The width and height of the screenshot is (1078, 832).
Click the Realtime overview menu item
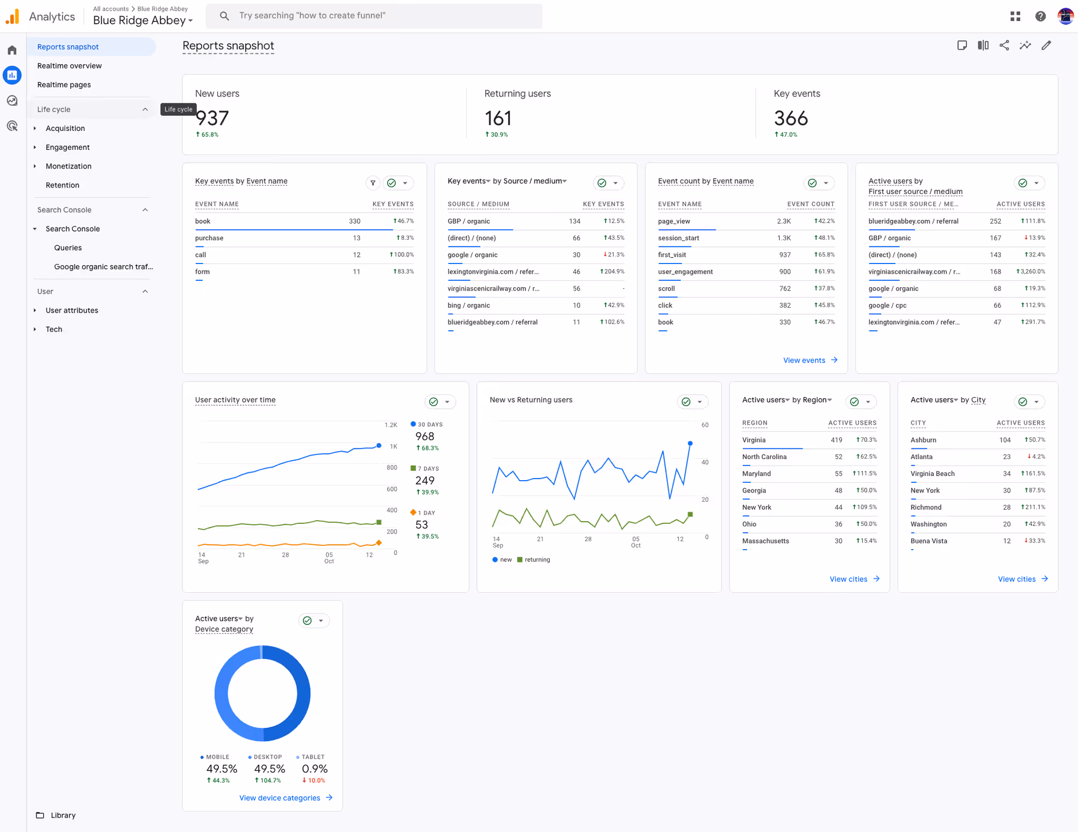[69, 66]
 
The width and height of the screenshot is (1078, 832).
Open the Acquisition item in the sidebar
[65, 128]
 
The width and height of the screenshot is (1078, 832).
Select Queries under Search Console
[68, 248]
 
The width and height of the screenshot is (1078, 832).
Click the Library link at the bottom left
[63, 815]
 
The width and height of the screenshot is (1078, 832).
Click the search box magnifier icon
[224, 16]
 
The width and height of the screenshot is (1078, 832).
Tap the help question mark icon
[1040, 16]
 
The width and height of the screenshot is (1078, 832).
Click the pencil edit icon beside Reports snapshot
[1046, 45]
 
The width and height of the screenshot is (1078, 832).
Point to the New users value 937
[212, 118]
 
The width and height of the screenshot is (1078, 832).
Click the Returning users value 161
[498, 118]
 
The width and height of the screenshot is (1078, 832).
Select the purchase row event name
[209, 238]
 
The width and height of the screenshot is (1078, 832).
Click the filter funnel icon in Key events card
[372, 183]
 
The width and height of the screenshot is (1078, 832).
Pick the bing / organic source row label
[468, 306]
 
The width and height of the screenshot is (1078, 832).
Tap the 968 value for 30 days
[425, 436]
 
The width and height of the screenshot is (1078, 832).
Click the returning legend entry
[537, 560]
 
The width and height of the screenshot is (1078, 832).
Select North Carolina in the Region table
[764, 457]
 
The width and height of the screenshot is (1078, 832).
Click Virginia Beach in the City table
[932, 474]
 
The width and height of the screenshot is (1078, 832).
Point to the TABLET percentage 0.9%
[315, 769]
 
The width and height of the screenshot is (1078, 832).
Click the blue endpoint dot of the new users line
[690, 443]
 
